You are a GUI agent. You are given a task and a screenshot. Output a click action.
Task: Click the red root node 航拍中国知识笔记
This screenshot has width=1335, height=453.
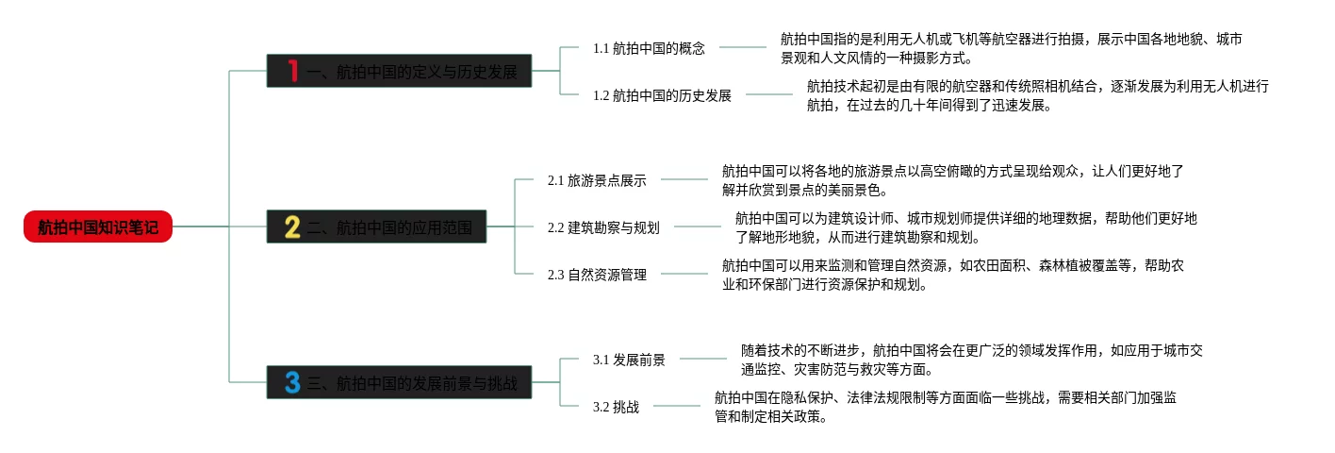[98, 226]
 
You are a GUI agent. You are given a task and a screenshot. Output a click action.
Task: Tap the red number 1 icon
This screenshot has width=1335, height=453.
[292, 71]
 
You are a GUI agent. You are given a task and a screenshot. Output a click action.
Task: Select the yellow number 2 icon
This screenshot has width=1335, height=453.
[292, 226]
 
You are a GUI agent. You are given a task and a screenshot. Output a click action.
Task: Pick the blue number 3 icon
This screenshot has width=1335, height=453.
[292, 382]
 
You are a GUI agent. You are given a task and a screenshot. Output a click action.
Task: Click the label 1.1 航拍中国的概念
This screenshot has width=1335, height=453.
[649, 48]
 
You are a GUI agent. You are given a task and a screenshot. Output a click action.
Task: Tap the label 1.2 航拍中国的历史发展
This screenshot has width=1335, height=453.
[662, 95]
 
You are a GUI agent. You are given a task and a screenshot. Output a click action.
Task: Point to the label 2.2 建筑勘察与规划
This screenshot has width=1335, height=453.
[603, 227]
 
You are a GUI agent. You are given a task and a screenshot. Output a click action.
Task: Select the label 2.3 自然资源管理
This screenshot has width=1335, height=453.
[597, 275]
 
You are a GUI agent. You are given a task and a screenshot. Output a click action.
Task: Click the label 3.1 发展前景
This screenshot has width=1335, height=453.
[629, 360]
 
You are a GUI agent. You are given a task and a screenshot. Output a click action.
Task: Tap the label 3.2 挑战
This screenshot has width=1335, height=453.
[616, 407]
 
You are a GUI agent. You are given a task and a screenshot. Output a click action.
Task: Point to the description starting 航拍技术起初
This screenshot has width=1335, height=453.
[1037, 95]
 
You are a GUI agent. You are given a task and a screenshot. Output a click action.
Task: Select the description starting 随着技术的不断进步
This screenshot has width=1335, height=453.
[971, 360]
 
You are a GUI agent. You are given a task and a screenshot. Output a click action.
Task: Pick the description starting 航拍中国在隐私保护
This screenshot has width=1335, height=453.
[945, 407]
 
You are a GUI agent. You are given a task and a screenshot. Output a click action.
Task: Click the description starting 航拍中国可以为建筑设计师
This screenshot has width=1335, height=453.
[965, 227]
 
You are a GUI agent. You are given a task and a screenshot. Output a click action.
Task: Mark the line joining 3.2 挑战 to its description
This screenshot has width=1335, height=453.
[676, 407]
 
